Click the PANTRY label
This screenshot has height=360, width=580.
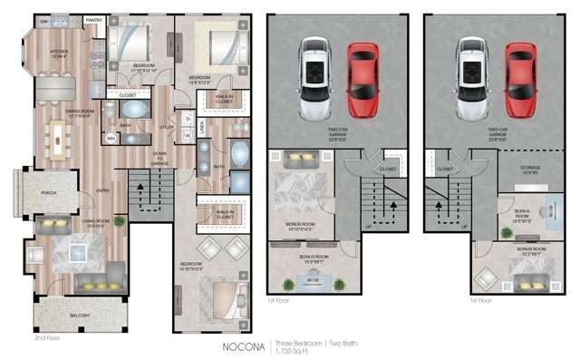pos(93,19)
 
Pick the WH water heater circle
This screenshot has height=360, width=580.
pos(111,139)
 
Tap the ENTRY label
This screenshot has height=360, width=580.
pos(102,190)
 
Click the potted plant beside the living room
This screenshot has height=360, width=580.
pos(119,219)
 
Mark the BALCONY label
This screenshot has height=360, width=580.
pos(79,315)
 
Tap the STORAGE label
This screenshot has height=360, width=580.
pos(531,167)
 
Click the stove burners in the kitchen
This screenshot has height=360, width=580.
pos(97,58)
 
